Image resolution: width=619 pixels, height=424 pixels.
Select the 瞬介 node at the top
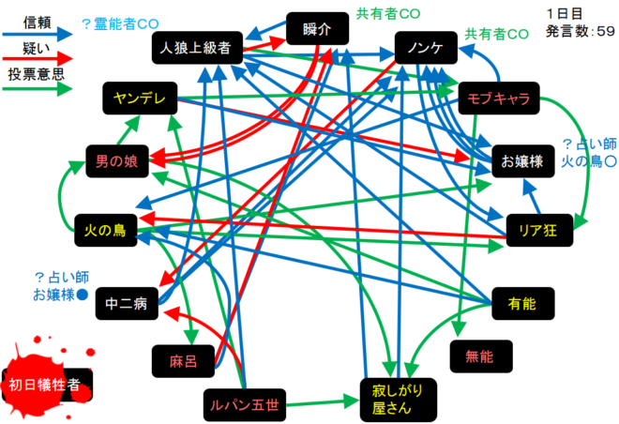tap(318, 30)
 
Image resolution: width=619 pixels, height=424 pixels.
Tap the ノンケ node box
tap(425, 48)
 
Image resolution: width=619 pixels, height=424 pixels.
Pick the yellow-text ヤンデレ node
tap(139, 98)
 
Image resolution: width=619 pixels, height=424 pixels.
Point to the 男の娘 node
tap(116, 161)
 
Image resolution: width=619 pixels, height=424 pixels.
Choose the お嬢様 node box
tap(522, 161)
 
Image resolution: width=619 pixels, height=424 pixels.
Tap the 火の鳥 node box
tap(106, 228)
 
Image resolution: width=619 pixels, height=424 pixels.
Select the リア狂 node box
tap(532, 228)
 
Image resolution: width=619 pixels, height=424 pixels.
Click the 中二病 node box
tap(128, 302)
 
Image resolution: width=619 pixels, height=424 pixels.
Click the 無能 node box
tap(484, 354)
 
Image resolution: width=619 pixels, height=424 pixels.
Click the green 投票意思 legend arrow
tap(38, 89)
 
